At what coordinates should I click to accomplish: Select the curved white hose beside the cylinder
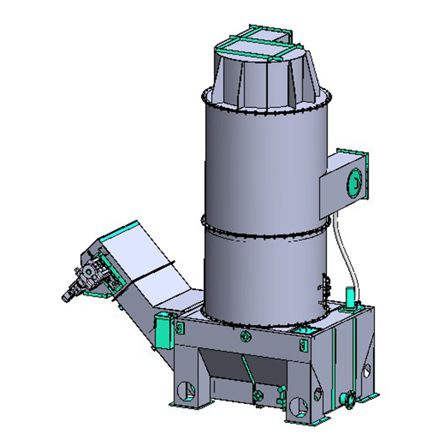click(345, 250)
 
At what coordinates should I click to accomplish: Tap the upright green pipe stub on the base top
click(350, 296)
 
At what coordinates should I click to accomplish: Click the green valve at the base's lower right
click(348, 398)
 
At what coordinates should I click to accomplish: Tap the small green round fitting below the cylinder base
click(245, 336)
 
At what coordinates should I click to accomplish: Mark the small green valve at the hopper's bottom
click(256, 395)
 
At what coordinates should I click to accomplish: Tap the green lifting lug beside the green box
click(179, 328)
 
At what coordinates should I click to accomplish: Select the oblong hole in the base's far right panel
click(367, 370)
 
